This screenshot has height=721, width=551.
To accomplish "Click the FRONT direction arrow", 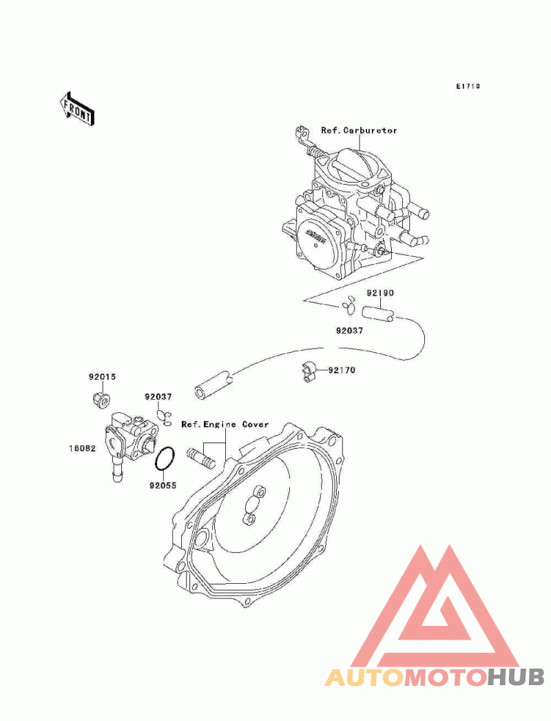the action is (x=76, y=108).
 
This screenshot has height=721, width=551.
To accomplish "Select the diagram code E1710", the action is (x=468, y=86).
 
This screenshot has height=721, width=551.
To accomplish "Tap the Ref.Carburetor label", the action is (x=359, y=130).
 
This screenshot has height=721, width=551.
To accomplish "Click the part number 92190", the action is (x=380, y=292).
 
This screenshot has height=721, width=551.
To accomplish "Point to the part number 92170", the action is (x=342, y=369).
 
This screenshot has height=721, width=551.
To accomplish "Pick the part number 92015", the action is (x=103, y=376).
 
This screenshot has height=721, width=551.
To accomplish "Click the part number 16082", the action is (x=83, y=448).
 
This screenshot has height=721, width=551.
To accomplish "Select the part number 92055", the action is (x=163, y=485).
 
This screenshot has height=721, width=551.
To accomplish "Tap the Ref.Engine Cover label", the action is (x=225, y=424).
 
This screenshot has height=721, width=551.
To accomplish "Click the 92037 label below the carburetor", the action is (x=350, y=330).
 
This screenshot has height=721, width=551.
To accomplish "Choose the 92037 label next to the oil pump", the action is (x=158, y=396).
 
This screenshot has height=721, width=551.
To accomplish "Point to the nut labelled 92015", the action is (x=101, y=400).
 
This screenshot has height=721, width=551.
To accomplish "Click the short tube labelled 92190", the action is (x=378, y=314).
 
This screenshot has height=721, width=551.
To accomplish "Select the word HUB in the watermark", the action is (x=516, y=678).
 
